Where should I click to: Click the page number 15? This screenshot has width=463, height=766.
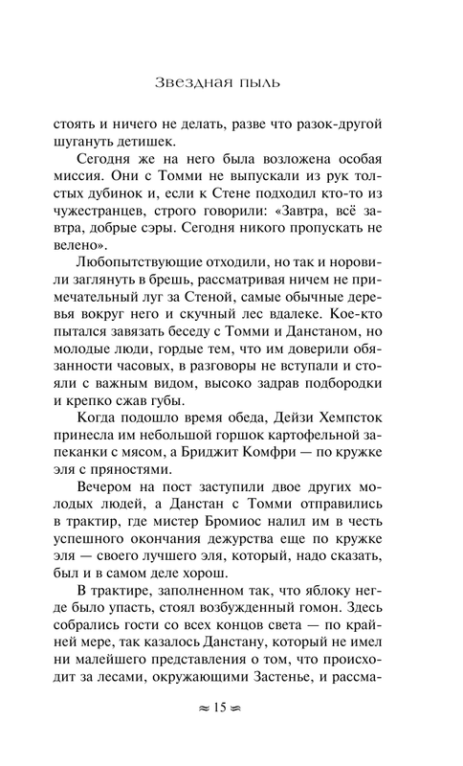(231, 736)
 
